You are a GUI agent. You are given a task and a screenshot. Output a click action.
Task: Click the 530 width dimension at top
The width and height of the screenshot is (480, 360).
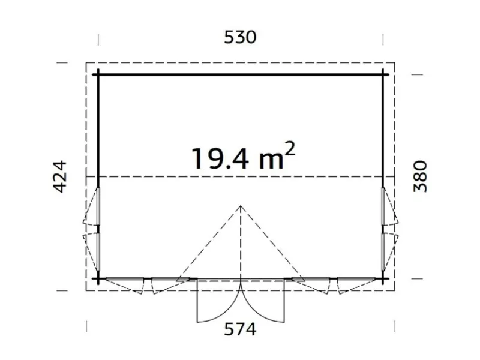click(240, 37)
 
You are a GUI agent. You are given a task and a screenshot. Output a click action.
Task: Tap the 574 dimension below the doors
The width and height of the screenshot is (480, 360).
click(240, 329)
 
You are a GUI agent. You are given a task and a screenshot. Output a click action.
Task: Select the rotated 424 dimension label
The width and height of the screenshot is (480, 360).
click(60, 176)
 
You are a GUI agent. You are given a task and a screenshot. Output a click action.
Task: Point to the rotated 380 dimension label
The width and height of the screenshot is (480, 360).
click(420, 176)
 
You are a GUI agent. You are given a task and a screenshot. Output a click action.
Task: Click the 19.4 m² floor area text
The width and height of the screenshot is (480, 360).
click(244, 157)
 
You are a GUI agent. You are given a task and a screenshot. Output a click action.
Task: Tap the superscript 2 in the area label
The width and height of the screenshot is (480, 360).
click(290, 149)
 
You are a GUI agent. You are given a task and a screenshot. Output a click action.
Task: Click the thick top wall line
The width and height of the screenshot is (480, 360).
click(241, 74)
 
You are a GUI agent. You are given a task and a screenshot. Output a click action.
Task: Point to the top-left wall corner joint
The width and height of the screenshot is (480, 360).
click(98, 74)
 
